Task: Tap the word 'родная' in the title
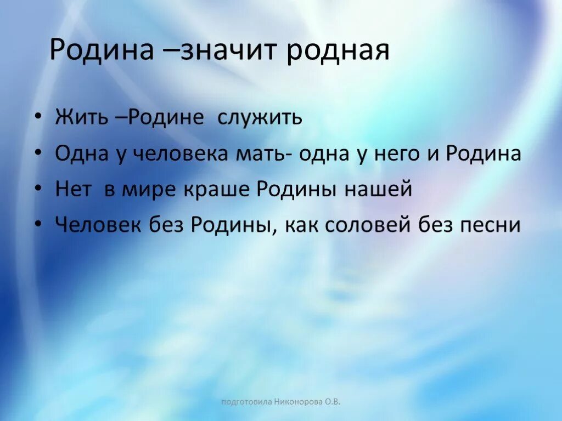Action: tap(338, 51)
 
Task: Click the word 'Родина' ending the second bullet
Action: tap(483, 154)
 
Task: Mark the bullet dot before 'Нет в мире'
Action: tap(38, 190)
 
